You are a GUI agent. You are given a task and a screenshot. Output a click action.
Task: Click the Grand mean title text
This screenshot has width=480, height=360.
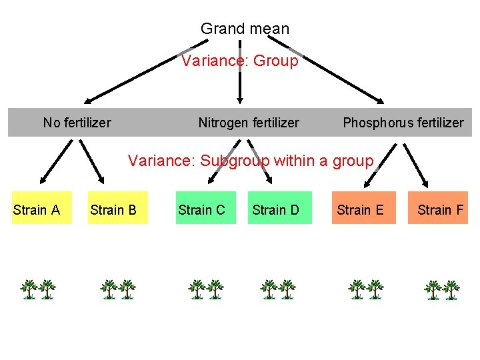tap(245, 29)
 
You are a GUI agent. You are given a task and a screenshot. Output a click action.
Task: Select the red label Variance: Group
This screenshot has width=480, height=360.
tap(240, 61)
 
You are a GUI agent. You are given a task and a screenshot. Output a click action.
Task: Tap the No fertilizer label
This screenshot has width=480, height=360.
tap(77, 123)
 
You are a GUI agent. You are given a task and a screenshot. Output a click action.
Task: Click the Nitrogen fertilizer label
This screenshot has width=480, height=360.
tap(249, 123)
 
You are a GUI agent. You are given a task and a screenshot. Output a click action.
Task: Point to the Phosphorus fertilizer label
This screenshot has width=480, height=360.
tap(403, 123)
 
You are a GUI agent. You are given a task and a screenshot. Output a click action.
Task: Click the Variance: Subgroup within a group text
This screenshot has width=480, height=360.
tap(251, 161)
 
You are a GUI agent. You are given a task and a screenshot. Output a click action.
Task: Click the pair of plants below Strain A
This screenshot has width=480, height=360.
tap(38, 289)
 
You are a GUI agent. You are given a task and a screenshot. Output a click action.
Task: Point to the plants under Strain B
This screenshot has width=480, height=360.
tap(118, 289)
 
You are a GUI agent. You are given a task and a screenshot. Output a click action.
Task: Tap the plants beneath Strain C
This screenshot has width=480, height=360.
tap(205, 289)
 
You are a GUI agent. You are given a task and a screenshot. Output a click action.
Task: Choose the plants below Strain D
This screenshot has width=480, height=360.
tap(278, 289)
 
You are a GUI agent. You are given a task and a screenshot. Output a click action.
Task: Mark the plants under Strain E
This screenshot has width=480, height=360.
tap(366, 289)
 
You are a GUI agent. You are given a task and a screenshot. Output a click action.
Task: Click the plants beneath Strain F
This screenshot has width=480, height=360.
tap(442, 289)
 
